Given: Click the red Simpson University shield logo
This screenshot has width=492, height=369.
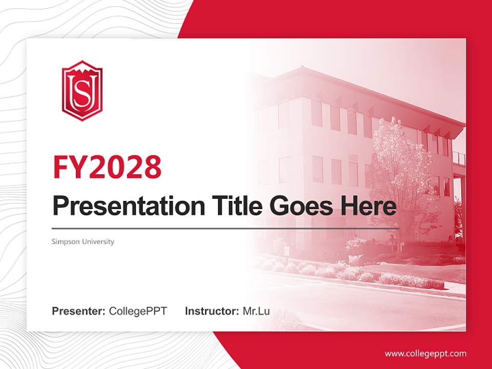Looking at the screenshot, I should pos(82,91).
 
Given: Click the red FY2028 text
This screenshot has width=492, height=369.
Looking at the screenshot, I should pos(107,167).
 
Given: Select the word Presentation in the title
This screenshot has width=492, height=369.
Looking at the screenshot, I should pos(121,206).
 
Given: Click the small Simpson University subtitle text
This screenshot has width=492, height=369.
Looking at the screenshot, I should pos(83,241).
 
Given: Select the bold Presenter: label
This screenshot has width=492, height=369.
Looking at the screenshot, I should pos(79,311).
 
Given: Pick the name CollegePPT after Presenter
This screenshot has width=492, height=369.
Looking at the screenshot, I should pos(138,311).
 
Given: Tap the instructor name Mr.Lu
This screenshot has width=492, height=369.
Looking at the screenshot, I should pos(256,311).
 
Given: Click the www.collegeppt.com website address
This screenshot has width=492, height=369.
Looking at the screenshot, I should pos(425,353).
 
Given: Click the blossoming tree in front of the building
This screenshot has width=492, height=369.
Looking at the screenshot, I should pos(400,169).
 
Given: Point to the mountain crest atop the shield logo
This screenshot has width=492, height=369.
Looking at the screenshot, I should pos(82,66).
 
